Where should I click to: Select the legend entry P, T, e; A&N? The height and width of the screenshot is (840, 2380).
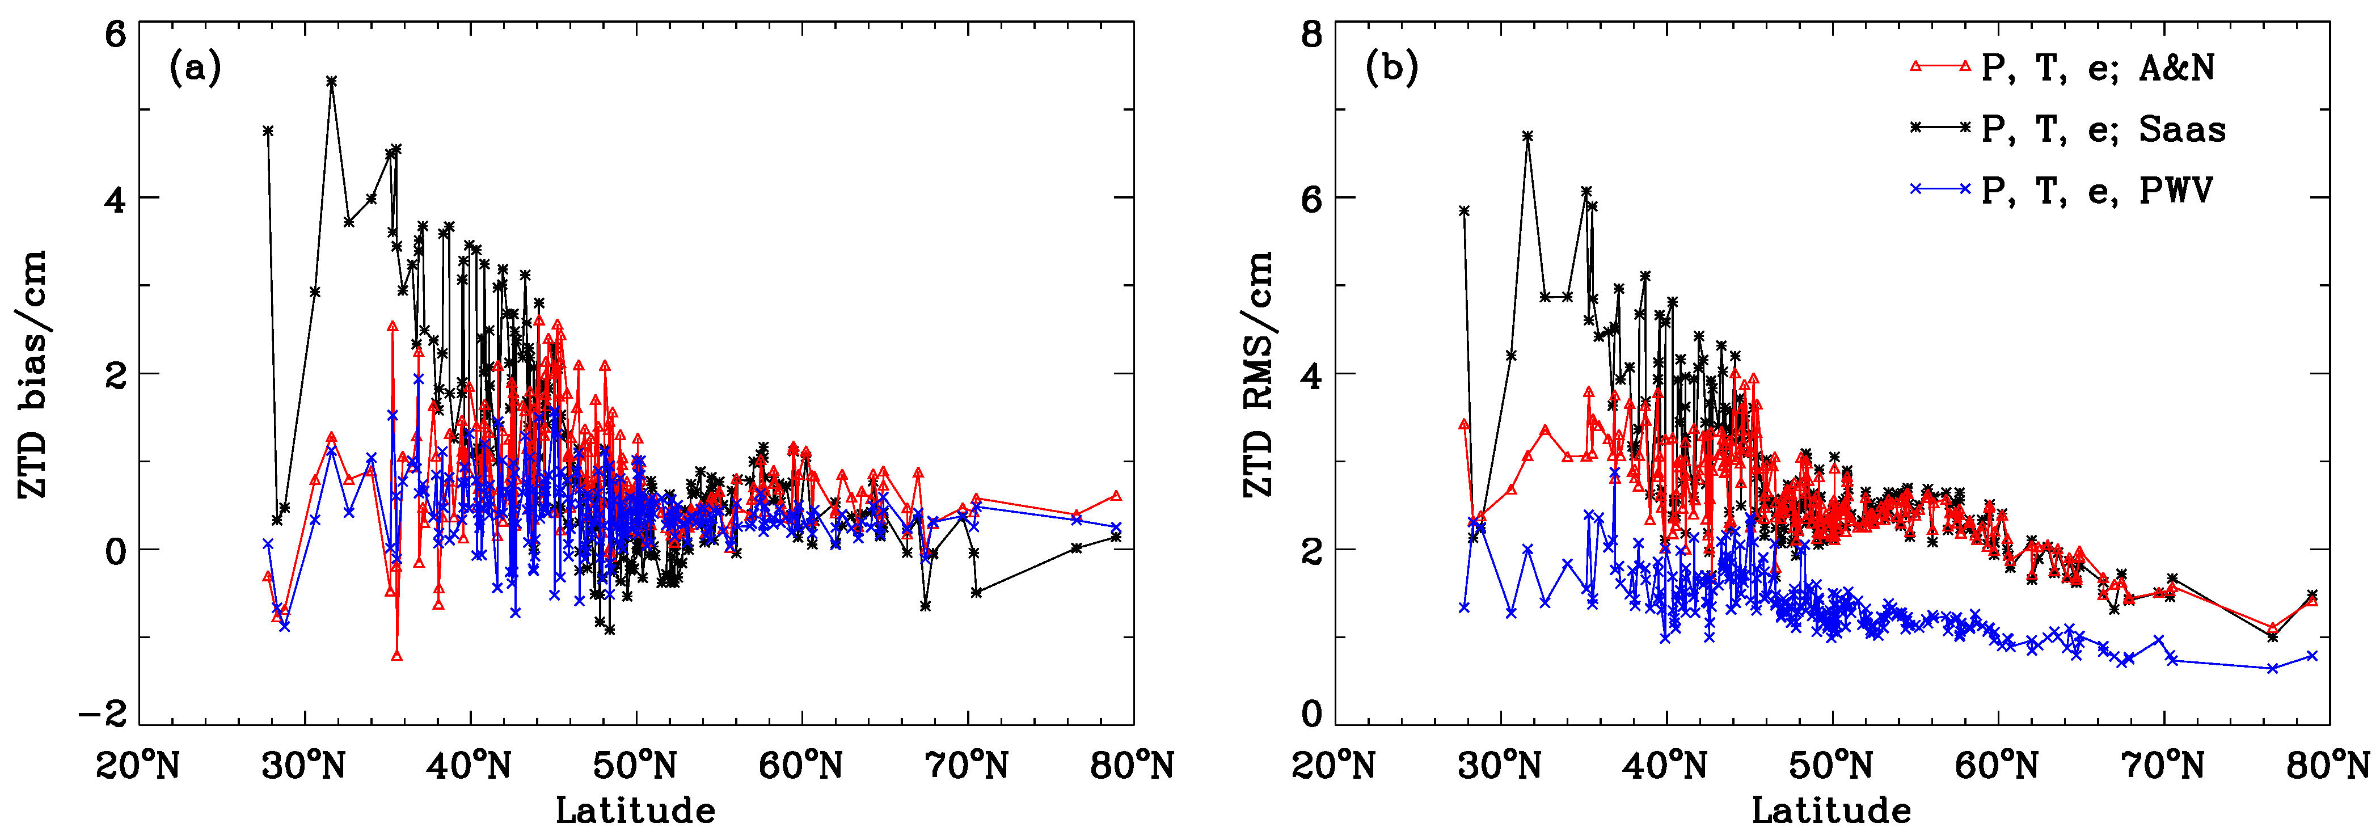point(2098,67)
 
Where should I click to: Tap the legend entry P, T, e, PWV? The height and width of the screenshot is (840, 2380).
point(2098,191)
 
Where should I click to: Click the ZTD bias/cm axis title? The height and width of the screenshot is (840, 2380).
point(33,374)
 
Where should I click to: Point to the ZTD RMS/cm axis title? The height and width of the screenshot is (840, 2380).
point(1259,374)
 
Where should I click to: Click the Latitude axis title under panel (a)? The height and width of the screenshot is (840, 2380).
point(636,811)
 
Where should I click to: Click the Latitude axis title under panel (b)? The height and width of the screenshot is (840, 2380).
point(1831,811)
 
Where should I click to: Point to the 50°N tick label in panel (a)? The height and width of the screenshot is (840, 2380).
point(636,765)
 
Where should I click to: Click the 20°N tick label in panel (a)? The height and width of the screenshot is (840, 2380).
point(138,765)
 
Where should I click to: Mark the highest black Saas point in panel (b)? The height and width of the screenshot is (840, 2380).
point(1528,136)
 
